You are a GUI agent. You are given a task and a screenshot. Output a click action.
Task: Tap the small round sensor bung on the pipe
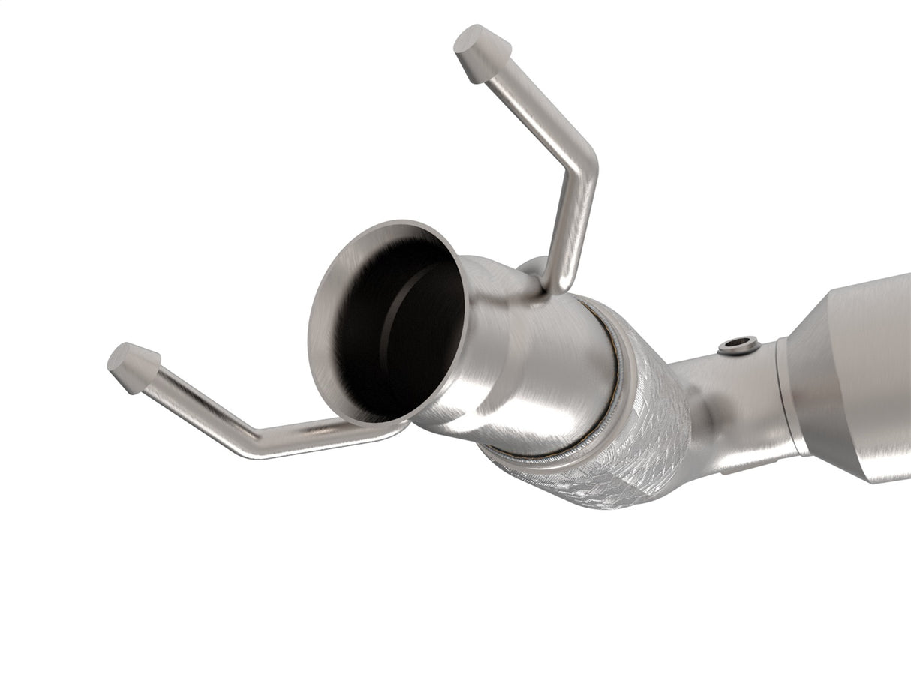(x=738, y=346)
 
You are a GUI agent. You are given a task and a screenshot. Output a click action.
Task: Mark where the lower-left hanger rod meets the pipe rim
(x=390, y=428)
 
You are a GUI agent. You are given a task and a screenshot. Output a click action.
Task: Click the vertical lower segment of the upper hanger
(x=574, y=225)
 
